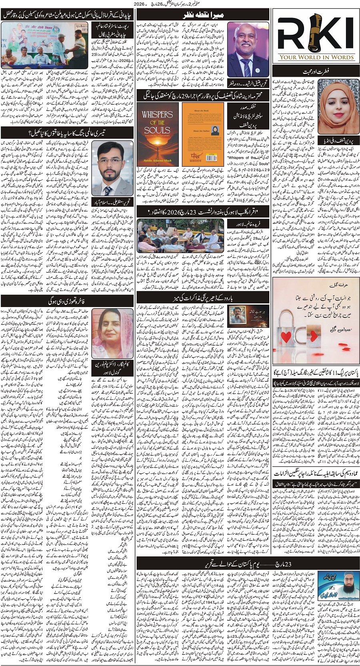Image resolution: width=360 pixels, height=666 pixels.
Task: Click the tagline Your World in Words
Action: (x=316, y=57)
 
